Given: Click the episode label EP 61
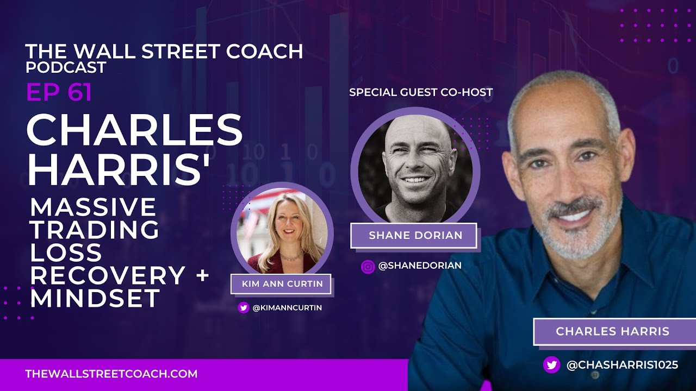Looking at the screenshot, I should pos(59,93).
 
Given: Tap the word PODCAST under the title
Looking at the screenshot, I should pos(65,67).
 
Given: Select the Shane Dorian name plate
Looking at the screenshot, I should pos(415,236).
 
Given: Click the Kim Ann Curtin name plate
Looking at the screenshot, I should pos(282,283).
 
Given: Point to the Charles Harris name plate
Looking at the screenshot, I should pos(612,331).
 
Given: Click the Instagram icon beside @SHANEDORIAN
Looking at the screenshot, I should pos(368,266).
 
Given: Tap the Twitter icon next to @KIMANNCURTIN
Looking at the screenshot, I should pos(244,308).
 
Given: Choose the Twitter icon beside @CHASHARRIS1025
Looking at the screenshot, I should pos(551,365).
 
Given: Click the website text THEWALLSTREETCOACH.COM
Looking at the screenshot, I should pos(111,374).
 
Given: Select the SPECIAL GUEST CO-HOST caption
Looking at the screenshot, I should pos(420,92).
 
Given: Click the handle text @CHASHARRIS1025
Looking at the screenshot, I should pos(622,365).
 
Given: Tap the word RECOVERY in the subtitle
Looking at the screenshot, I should pos(107,275).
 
